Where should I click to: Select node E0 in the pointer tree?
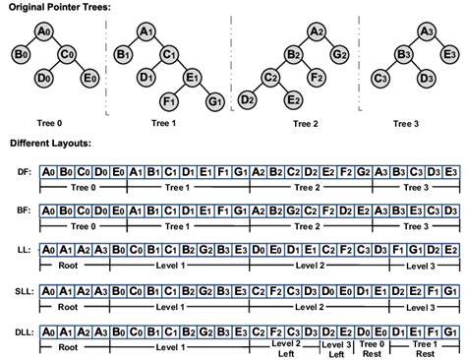click(89, 76)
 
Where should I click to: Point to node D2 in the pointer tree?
click(248, 99)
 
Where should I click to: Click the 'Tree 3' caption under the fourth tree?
click(403, 123)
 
